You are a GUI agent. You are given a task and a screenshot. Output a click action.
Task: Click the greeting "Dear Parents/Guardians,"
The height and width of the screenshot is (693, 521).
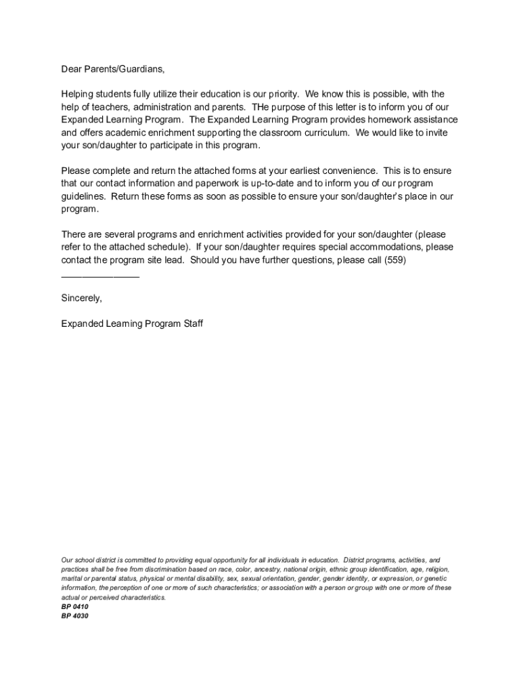pyautogui.click(x=113, y=69)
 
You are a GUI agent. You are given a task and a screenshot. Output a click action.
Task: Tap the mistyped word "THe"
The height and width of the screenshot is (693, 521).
pyautogui.click(x=260, y=107)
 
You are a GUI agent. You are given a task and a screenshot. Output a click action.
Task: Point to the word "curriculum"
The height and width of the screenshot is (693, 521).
pyautogui.click(x=325, y=133)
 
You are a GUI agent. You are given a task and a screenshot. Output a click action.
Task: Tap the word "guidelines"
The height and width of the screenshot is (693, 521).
pyautogui.click(x=83, y=196)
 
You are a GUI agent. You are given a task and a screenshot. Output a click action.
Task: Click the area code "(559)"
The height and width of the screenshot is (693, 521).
pyautogui.click(x=395, y=260)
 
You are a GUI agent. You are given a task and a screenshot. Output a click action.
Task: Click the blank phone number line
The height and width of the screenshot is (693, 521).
pyautogui.click(x=100, y=273)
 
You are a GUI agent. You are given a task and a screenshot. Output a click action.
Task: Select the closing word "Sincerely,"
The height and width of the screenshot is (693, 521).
pyautogui.click(x=82, y=298)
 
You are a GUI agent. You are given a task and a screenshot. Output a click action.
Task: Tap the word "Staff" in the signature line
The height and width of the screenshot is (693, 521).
pyautogui.click(x=191, y=323)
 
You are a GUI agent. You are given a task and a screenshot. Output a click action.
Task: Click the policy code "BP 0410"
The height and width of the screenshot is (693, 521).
pyautogui.click(x=74, y=607)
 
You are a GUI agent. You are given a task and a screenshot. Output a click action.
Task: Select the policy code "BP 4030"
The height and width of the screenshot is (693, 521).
pyautogui.click(x=74, y=617)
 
